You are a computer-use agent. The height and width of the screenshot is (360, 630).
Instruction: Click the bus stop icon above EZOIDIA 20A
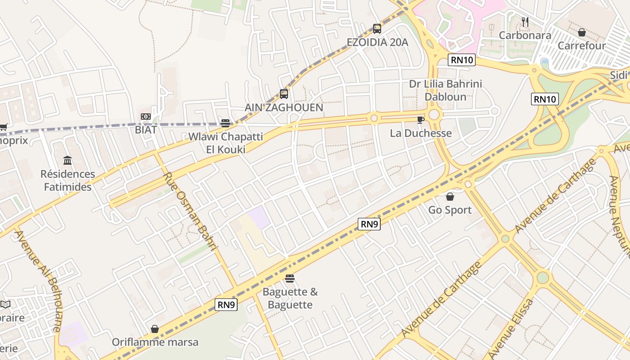(x=377, y=28)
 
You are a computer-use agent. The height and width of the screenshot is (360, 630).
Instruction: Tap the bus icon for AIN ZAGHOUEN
(x=284, y=94)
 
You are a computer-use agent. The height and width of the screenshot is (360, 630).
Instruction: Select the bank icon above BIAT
(x=145, y=117)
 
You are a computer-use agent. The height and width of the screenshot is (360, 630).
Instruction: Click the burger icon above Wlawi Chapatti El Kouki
(x=225, y=123)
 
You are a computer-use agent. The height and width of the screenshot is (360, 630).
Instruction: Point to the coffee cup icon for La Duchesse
(x=420, y=120)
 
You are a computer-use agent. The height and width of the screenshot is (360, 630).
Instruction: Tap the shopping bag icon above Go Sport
(x=450, y=197)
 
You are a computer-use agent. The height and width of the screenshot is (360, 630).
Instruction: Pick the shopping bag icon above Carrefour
(x=581, y=32)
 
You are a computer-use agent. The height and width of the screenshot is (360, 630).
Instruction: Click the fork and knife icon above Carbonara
(x=525, y=22)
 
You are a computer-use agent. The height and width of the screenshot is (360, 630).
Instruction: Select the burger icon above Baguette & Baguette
(x=290, y=279)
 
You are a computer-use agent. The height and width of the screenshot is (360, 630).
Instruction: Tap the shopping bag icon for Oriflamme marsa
(x=155, y=329)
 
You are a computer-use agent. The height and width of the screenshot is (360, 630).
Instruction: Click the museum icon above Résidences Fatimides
(x=67, y=160)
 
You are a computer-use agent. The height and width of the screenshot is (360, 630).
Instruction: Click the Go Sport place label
(x=450, y=210)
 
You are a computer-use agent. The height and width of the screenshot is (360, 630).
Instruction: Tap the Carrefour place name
(x=582, y=45)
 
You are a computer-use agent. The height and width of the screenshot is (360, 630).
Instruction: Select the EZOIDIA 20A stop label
(x=377, y=42)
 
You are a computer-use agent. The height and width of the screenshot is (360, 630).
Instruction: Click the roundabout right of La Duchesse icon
(x=434, y=115)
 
